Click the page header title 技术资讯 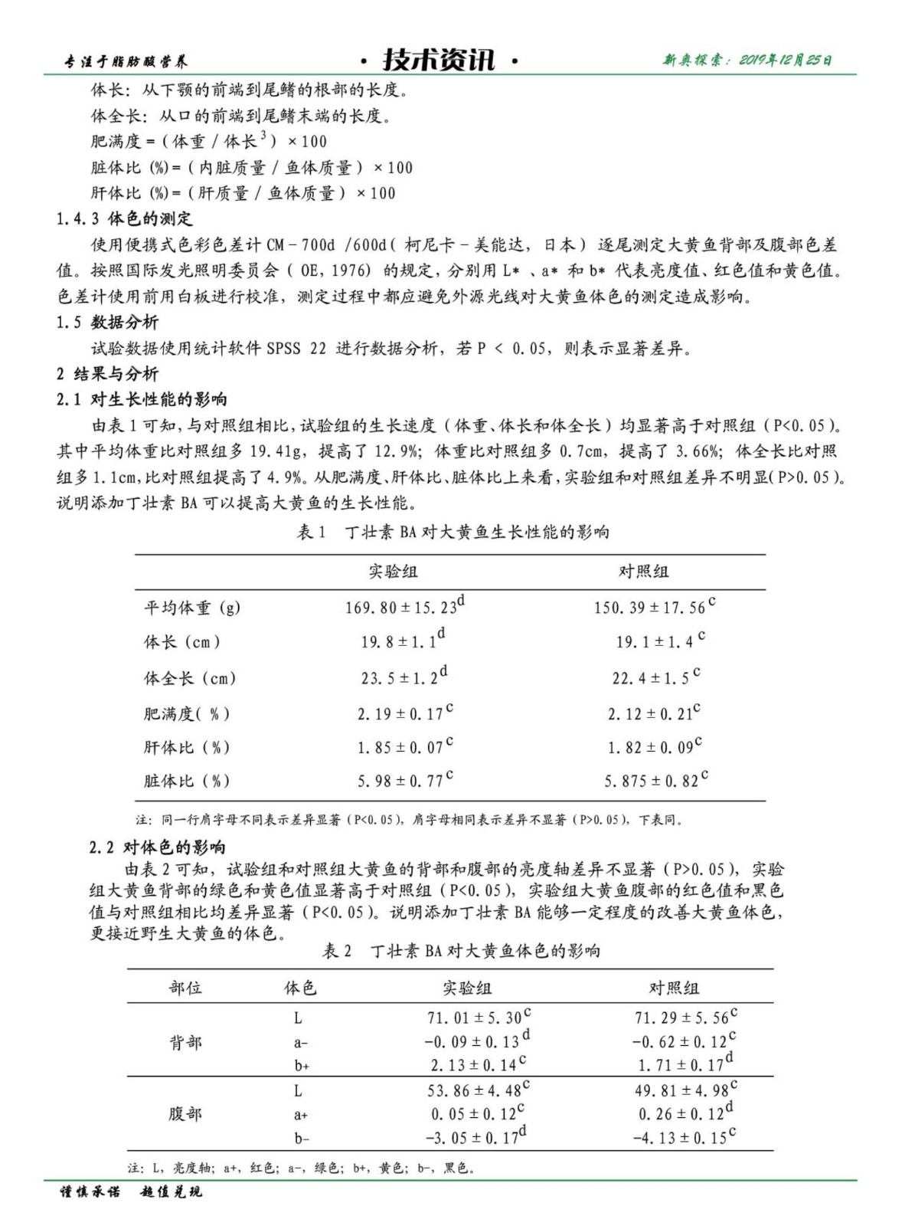click(x=439, y=60)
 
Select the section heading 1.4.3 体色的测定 click(x=124, y=219)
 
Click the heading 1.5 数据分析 click(x=107, y=322)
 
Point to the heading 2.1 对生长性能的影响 click(x=142, y=399)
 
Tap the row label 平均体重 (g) click(x=191, y=608)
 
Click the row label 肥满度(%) click(x=186, y=713)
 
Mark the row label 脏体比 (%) click(x=186, y=781)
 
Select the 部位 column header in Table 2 click(x=185, y=988)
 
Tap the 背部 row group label click(x=185, y=1042)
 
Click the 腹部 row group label click(x=185, y=1113)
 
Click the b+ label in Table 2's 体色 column click(x=301, y=1066)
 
